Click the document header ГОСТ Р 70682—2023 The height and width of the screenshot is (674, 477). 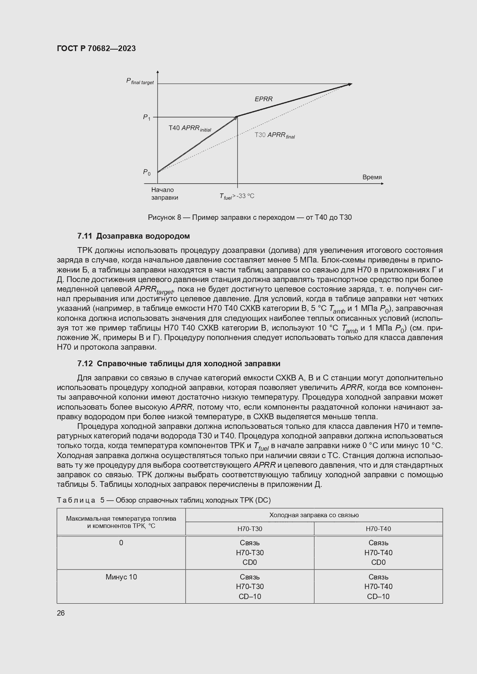point(96,49)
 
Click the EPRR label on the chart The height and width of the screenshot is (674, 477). point(263,99)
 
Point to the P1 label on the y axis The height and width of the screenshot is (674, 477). point(147,117)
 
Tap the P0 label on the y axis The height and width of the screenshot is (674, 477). point(147,172)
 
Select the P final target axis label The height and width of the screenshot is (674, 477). point(140,81)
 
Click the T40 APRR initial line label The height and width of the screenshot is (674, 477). point(190,128)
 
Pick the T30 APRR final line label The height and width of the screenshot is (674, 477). point(274,135)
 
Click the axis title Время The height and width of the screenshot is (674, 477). point(372,177)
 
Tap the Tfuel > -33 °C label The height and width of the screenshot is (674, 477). point(237,196)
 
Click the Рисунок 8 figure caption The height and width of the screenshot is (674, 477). point(250,217)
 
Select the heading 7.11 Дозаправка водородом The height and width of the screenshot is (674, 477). point(133,236)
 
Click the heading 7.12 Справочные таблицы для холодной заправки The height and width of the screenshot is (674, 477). point(179,364)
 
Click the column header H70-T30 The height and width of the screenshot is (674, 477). point(249,529)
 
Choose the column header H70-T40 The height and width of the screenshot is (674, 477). point(378,529)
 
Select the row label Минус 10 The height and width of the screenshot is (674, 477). point(121,577)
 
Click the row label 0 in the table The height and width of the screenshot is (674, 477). point(121,543)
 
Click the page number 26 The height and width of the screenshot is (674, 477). point(61,613)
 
